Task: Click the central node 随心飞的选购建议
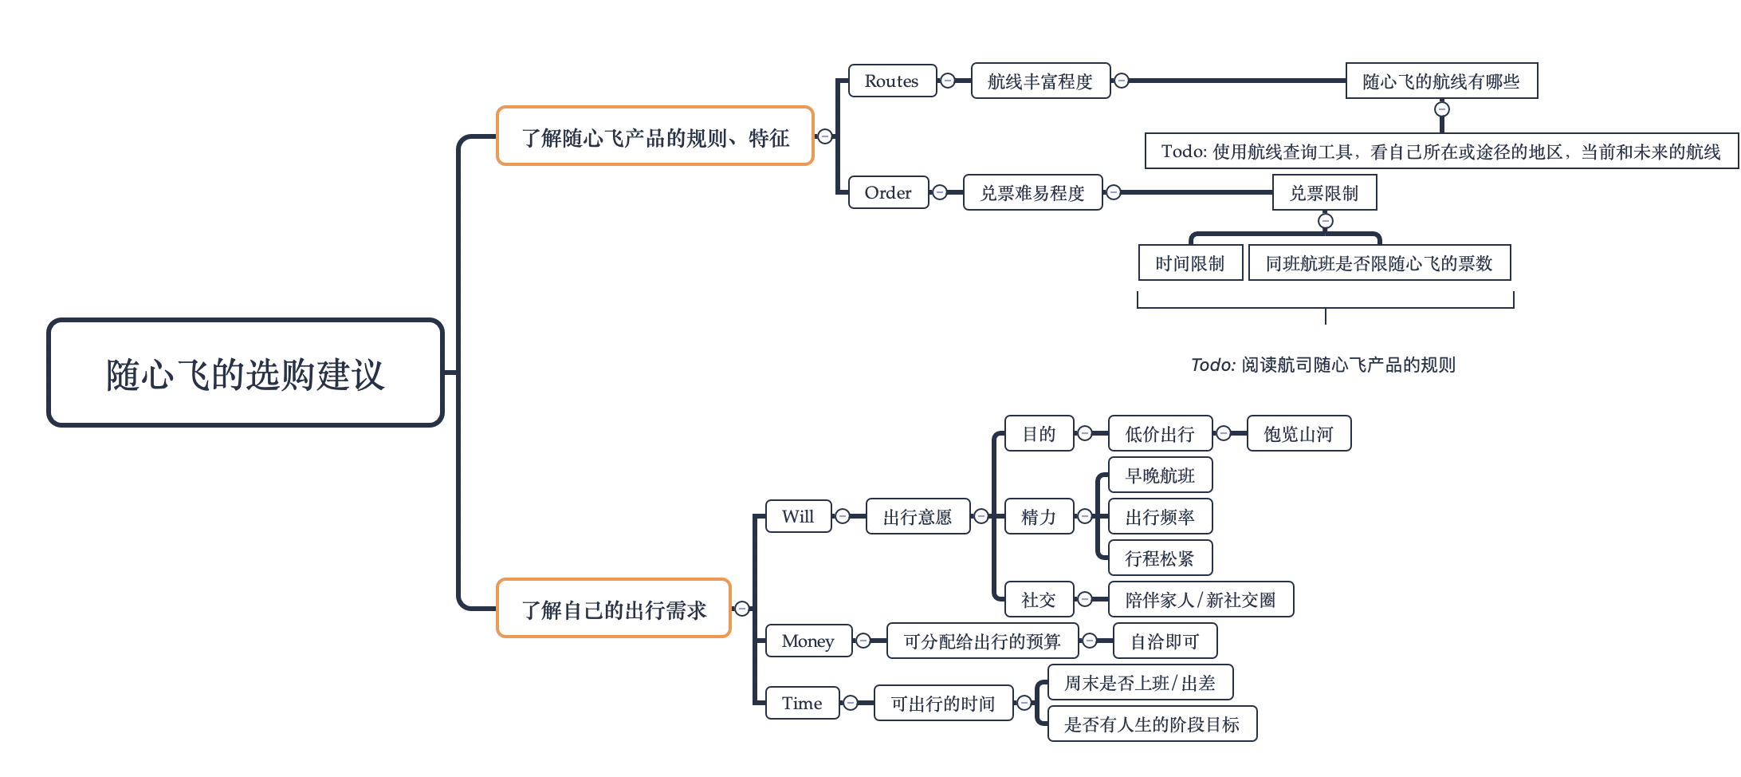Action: (x=245, y=373)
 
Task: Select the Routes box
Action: (x=892, y=81)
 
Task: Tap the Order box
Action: (x=888, y=192)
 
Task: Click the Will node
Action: (x=798, y=516)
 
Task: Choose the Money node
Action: (x=808, y=641)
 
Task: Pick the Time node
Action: (x=802, y=703)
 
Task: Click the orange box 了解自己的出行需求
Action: (x=613, y=609)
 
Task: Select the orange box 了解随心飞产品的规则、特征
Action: (x=654, y=136)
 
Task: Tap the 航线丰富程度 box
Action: (x=1040, y=81)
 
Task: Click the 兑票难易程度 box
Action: (x=1032, y=192)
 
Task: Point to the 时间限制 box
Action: (x=1190, y=262)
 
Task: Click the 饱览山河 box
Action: (x=1299, y=433)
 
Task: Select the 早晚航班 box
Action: (x=1160, y=475)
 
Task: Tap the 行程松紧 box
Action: (x=1160, y=558)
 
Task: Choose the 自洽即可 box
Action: (x=1165, y=641)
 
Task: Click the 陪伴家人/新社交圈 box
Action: (x=1201, y=599)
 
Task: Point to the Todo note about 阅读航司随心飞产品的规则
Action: (x=1323, y=365)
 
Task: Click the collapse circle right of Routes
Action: (x=948, y=81)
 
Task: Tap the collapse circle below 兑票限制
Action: (x=1325, y=220)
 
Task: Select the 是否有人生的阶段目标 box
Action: (x=1152, y=724)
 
